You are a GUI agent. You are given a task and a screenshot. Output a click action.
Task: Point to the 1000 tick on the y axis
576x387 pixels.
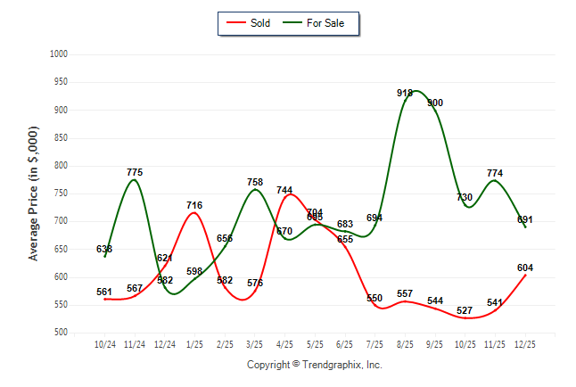pos(58,54)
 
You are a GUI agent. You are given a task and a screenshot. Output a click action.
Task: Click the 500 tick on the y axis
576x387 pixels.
pos(61,333)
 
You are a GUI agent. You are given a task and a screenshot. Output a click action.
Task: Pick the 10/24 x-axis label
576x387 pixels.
pos(105,343)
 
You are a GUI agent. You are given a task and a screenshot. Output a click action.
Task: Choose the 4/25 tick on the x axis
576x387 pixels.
pos(285,343)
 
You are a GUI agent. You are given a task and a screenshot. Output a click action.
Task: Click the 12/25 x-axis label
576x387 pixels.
pos(525,343)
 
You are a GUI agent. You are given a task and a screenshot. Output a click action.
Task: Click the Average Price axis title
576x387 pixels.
pos(34,193)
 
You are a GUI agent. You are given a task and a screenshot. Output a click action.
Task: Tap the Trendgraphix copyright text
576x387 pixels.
pos(314,365)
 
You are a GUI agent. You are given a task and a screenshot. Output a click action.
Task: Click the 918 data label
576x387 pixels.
pos(405,93)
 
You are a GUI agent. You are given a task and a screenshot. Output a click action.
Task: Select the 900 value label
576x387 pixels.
pos(435,103)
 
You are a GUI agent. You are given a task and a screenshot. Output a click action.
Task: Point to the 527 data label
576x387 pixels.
pos(465,311)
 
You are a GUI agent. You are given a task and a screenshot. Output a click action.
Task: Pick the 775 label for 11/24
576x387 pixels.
pos(135,172)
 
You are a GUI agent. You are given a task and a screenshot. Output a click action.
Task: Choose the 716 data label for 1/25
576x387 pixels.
pos(194,205)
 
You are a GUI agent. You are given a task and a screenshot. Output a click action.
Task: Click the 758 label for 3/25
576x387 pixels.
pos(255,182)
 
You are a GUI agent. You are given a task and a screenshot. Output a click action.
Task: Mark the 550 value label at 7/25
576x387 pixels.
pos(374,298)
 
